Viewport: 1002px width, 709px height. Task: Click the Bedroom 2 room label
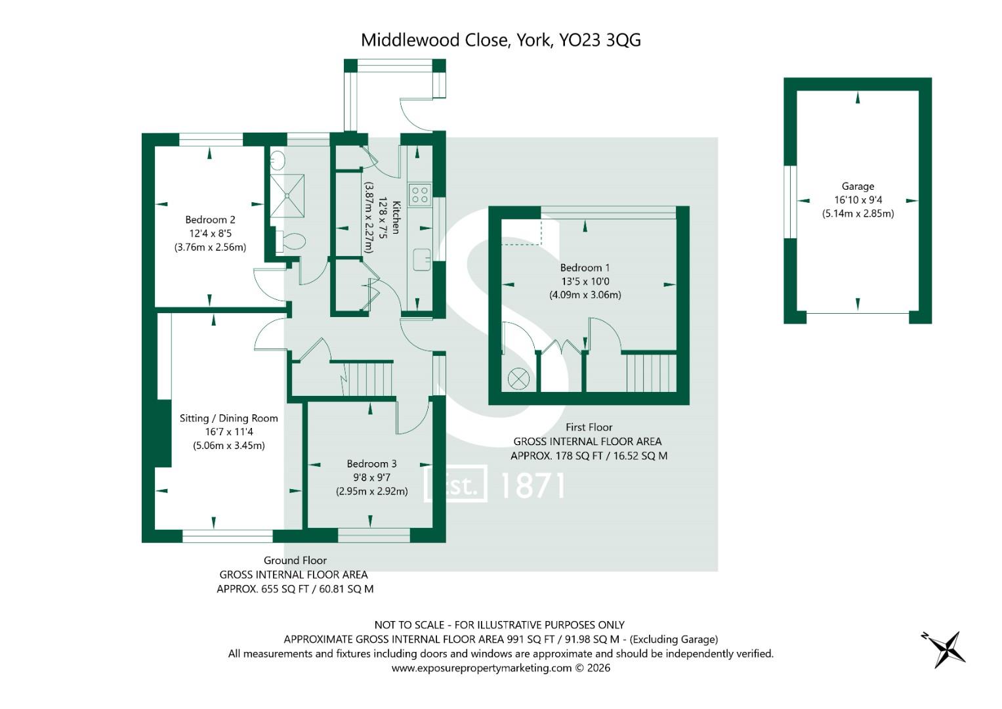(210, 220)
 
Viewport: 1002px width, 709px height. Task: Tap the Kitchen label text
(396, 217)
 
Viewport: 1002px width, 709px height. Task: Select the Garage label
(858, 186)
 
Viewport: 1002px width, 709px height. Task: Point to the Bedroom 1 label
(585, 268)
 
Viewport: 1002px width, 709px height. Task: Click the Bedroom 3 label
(371, 463)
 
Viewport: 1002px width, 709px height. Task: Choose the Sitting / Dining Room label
(228, 418)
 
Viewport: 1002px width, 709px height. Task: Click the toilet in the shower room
(290, 242)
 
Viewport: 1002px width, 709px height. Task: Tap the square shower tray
(287, 196)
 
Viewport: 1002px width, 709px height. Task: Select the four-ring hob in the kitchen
(419, 195)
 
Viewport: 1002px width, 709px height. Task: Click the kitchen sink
(421, 259)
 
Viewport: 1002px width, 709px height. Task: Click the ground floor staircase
(367, 379)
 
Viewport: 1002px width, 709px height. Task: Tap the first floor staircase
(650, 373)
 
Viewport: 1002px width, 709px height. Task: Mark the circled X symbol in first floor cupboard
(518, 379)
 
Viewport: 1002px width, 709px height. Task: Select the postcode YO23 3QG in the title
(600, 40)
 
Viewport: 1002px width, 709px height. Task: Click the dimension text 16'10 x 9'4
(858, 200)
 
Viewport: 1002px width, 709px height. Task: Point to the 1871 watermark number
(532, 486)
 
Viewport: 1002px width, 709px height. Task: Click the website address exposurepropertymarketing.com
(482, 668)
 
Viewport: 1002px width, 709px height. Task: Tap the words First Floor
(589, 427)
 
